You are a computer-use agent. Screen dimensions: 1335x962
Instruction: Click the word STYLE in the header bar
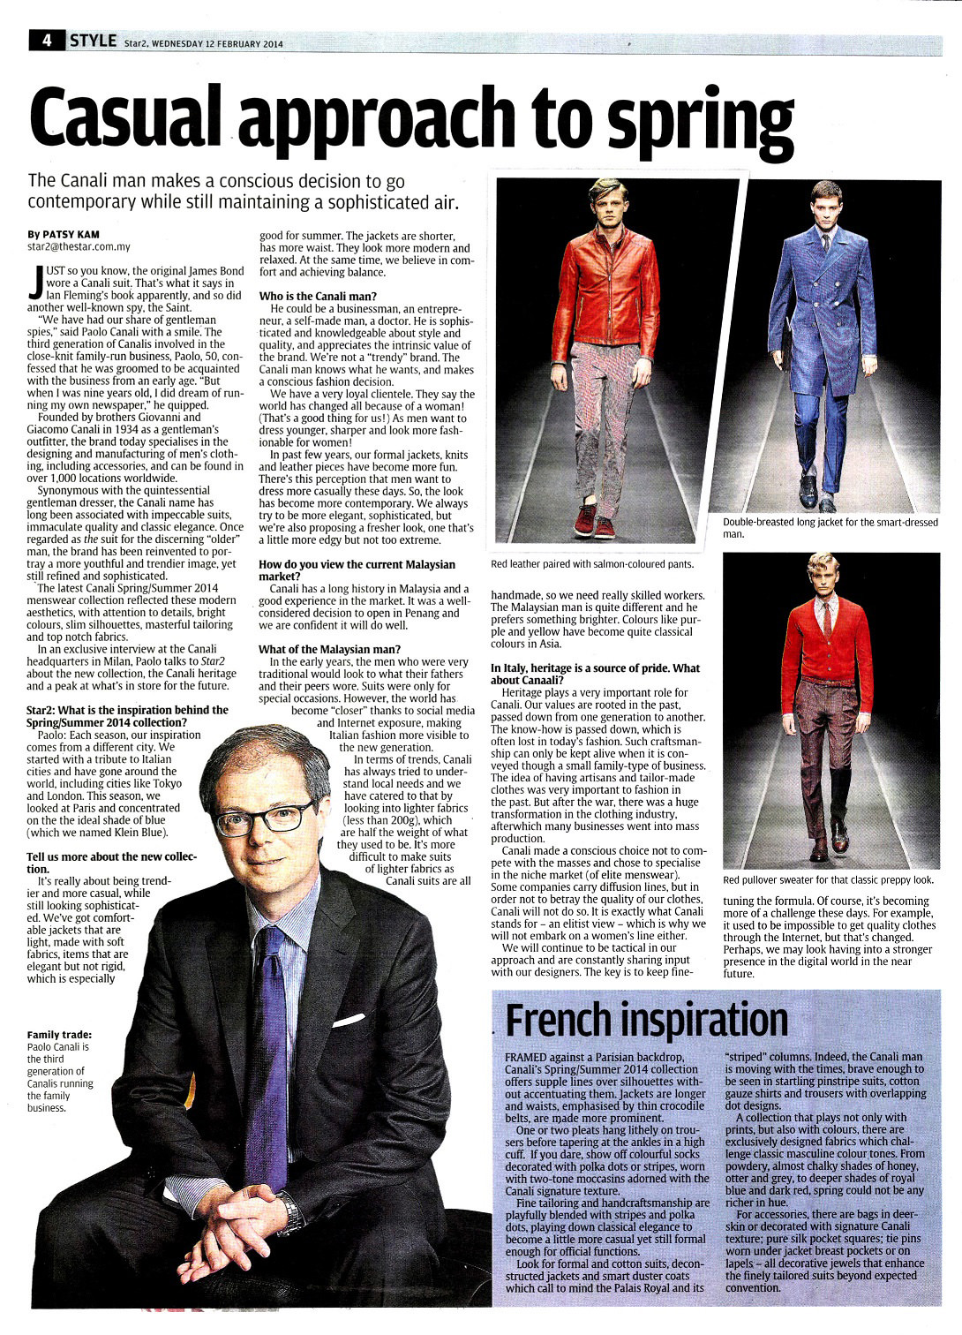coord(93,41)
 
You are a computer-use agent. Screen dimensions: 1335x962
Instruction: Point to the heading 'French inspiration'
coord(647,1021)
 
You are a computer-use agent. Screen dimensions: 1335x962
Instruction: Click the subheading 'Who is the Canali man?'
coord(318,296)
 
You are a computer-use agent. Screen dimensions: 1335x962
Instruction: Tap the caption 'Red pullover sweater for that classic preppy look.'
coord(828,880)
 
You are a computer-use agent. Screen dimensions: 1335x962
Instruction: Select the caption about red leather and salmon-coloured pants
coord(592,564)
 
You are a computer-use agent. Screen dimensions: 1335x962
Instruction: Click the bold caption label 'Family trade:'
coord(59,1035)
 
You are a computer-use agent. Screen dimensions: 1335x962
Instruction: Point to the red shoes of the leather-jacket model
coord(593,522)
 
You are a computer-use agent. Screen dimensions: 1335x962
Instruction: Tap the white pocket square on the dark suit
coord(348,1021)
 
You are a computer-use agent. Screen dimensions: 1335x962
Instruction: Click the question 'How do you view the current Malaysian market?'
coord(357,570)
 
